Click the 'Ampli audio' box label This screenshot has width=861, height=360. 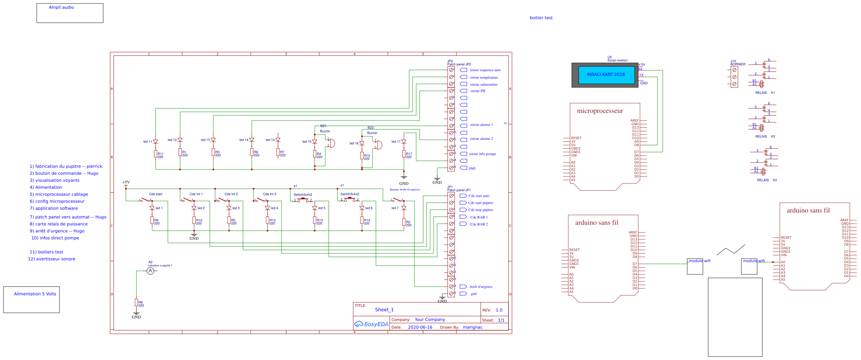pos(61,7)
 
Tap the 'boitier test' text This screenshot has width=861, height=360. pos(541,18)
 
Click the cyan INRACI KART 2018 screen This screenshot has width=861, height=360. pos(606,75)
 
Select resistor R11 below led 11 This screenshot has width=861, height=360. pos(156,154)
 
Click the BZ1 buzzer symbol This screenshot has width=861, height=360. pos(331,143)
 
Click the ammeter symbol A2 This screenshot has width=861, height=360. pos(150,271)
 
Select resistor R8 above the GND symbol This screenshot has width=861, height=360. pos(136,302)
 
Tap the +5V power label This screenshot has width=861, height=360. pos(126,182)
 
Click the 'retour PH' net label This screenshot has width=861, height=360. pos(478,91)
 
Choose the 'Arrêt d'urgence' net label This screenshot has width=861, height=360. pos(481,287)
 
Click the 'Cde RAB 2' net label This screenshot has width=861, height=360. pos(479,224)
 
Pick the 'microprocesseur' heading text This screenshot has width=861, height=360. pos(600,111)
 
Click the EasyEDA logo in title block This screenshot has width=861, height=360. pos(371,324)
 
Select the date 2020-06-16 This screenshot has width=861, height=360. pos(420,327)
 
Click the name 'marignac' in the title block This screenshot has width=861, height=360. pos(472,327)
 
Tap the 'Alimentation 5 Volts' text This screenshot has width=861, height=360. pos(35,294)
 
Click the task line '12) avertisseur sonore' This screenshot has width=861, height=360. pos(52,259)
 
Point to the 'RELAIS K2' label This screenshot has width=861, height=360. pos(765,137)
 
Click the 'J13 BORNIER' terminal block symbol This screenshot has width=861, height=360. pos(734,77)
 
